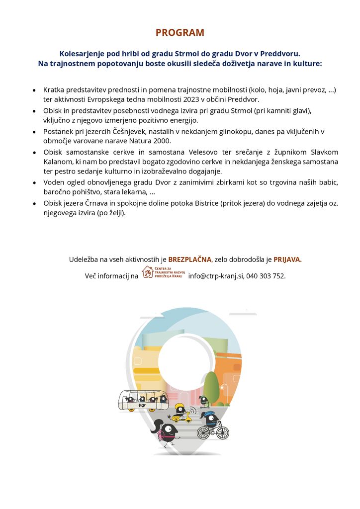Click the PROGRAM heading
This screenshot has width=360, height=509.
[180, 33]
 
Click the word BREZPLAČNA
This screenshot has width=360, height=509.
[190, 259]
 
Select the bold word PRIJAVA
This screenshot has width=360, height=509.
[287, 259]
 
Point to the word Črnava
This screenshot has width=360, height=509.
[104, 203]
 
